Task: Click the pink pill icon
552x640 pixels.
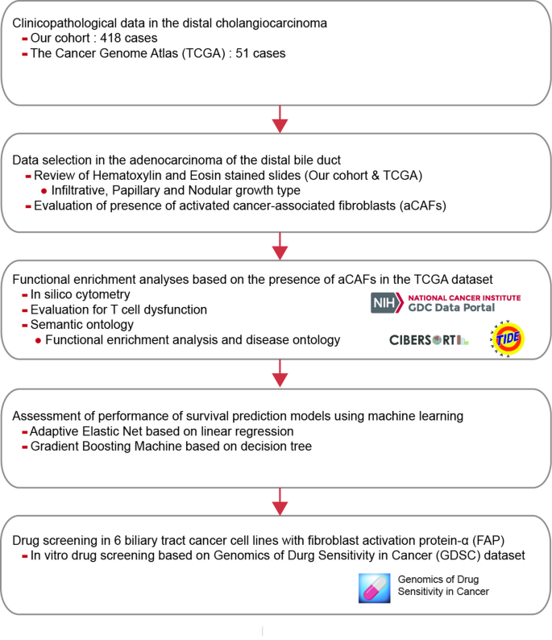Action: click(x=373, y=588)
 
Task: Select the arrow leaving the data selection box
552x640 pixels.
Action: click(x=279, y=243)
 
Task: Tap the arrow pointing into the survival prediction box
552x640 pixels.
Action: click(x=279, y=373)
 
